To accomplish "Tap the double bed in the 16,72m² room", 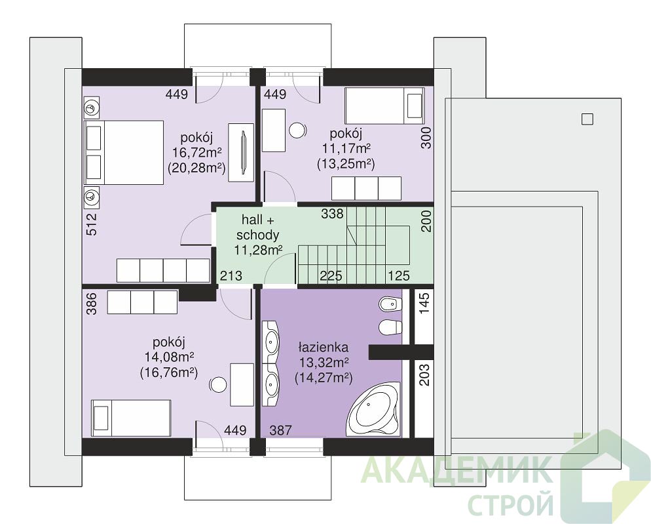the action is [x=124, y=153].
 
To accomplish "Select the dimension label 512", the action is [x=92, y=224].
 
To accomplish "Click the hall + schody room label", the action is [x=257, y=227].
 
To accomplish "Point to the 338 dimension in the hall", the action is [x=332, y=213].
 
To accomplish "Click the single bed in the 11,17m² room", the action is [x=384, y=105].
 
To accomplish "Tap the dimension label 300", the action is [x=426, y=138].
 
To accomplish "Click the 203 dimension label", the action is [x=424, y=374].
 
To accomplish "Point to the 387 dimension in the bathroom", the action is [x=281, y=430].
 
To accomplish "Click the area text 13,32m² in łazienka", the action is [x=324, y=362].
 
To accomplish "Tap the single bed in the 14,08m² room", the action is [x=131, y=418].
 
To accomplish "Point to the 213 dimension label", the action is [x=231, y=275].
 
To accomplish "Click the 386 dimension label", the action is [x=92, y=304].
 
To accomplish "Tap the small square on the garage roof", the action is [x=587, y=119].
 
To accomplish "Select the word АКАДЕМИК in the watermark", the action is [x=457, y=470].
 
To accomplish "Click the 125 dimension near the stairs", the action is [x=399, y=275].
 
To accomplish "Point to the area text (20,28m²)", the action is [x=196, y=168].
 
